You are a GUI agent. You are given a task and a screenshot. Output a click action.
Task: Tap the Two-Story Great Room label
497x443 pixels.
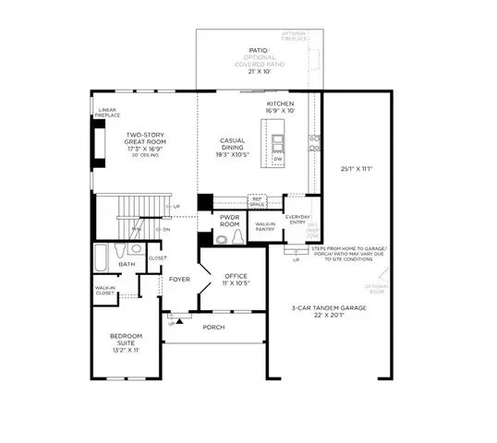pos(145,140)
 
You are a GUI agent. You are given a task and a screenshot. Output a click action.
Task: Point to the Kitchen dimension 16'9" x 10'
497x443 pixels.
pos(280,112)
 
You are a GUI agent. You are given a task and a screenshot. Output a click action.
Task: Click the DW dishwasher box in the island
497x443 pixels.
pos(277,160)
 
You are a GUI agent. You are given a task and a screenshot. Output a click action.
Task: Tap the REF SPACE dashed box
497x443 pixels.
pos(258,200)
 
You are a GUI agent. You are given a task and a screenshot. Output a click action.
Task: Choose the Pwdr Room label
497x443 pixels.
pos(229,221)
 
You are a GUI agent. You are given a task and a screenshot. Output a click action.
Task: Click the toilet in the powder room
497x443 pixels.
pos(239,238)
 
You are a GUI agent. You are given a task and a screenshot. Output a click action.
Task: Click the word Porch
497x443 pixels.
pos(214,328)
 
